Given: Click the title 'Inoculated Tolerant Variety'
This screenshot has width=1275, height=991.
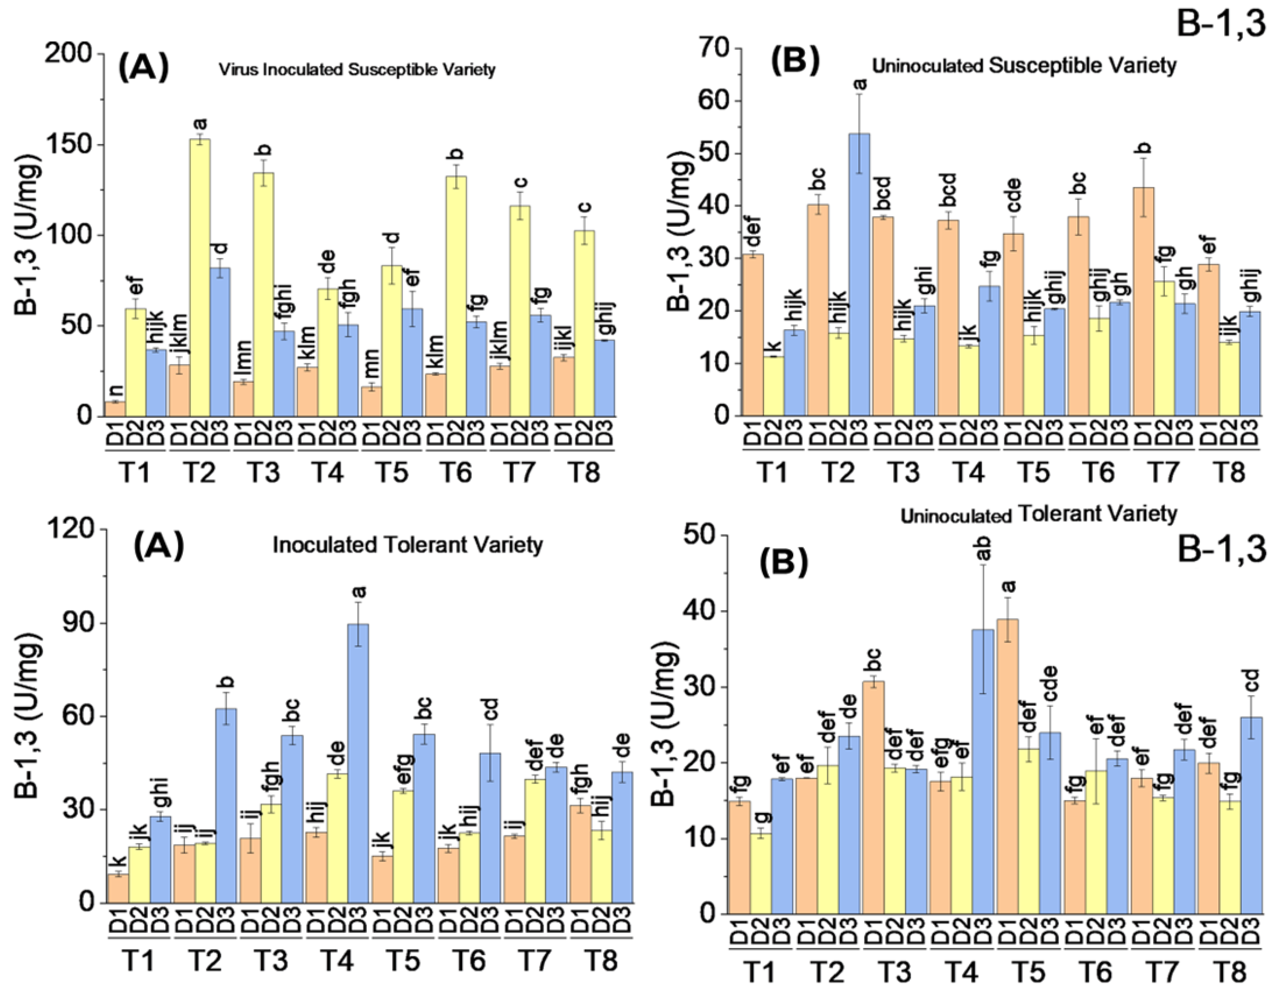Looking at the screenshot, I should [407, 545].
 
